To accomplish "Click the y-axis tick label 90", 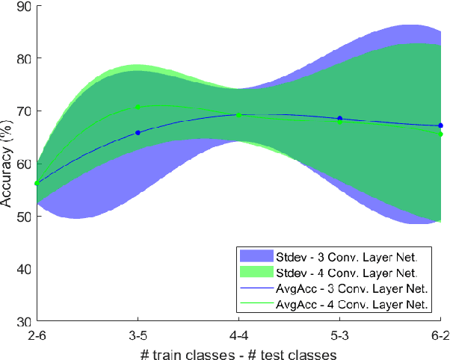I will pos(24,7).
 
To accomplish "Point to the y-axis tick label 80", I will pos(24,58).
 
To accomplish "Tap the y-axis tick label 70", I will pos(24,111).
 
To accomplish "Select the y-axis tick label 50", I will pos(24,217).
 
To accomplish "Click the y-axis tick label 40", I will pos(24,269).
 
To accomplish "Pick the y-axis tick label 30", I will pos(24,321).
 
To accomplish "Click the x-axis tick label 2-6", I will pos(37,334).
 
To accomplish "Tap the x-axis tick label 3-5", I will pos(138,334).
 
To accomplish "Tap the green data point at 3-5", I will pos(138,107).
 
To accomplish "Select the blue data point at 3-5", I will pos(138,132).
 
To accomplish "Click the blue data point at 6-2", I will pos(441,125).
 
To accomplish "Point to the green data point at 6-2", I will pos(441,134).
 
